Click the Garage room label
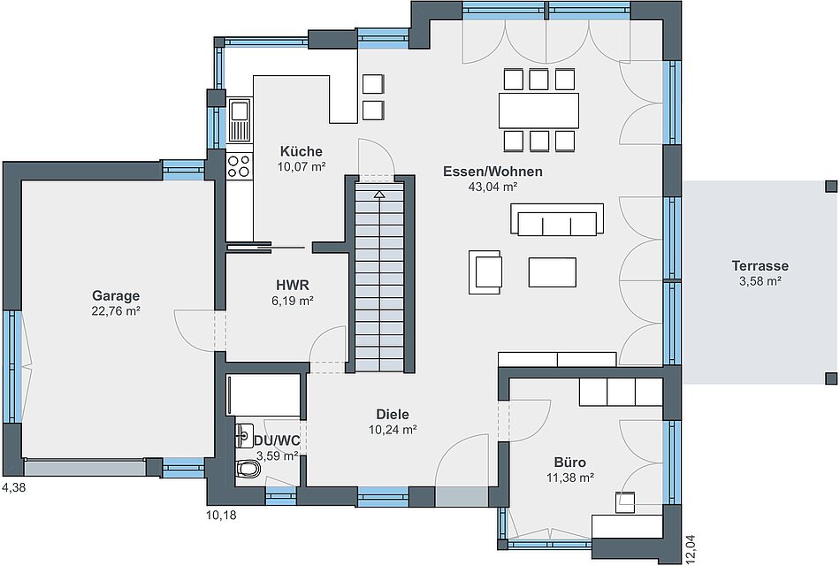click(116, 295)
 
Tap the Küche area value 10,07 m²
click(301, 166)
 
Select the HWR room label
click(293, 285)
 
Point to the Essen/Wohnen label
click(493, 172)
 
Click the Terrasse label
click(760, 265)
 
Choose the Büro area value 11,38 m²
click(570, 478)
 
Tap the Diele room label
click(392, 414)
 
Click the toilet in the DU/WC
click(248, 469)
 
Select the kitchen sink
click(239, 120)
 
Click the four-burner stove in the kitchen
click(239, 165)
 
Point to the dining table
click(538, 111)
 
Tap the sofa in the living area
click(557, 219)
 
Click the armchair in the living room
click(485, 272)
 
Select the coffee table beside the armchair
click(553, 272)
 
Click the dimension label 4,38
click(14, 488)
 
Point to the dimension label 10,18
click(221, 516)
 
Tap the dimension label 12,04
click(692, 549)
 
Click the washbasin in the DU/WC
click(244, 435)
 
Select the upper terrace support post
click(831, 187)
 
